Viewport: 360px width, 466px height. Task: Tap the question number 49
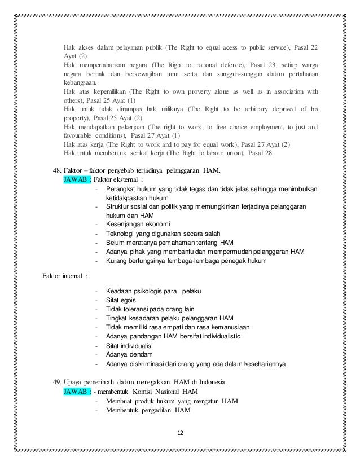click(56, 382)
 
